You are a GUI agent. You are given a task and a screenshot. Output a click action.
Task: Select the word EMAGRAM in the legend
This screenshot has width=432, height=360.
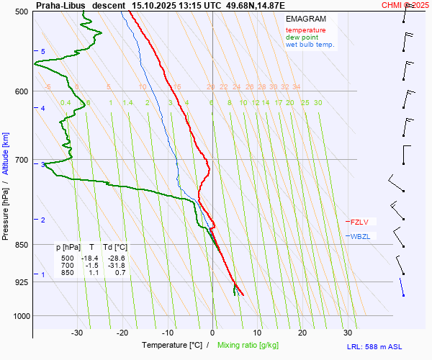(306, 18)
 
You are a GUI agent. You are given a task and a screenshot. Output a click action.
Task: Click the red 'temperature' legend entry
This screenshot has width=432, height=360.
(305, 30)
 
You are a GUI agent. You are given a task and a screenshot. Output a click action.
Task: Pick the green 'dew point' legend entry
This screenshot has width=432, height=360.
(302, 37)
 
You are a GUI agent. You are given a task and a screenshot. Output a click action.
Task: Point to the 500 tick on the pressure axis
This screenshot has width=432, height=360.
(22, 12)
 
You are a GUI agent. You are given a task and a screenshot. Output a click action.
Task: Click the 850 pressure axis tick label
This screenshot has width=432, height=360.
(22, 246)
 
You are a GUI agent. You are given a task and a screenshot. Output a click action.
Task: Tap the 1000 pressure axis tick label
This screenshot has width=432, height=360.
(19, 316)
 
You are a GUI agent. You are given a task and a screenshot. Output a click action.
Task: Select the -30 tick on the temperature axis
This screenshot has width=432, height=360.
(77, 333)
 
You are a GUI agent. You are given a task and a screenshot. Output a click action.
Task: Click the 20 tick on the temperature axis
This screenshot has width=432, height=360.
(302, 333)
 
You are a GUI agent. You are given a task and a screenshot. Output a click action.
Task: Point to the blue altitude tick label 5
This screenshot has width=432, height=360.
(43, 52)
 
